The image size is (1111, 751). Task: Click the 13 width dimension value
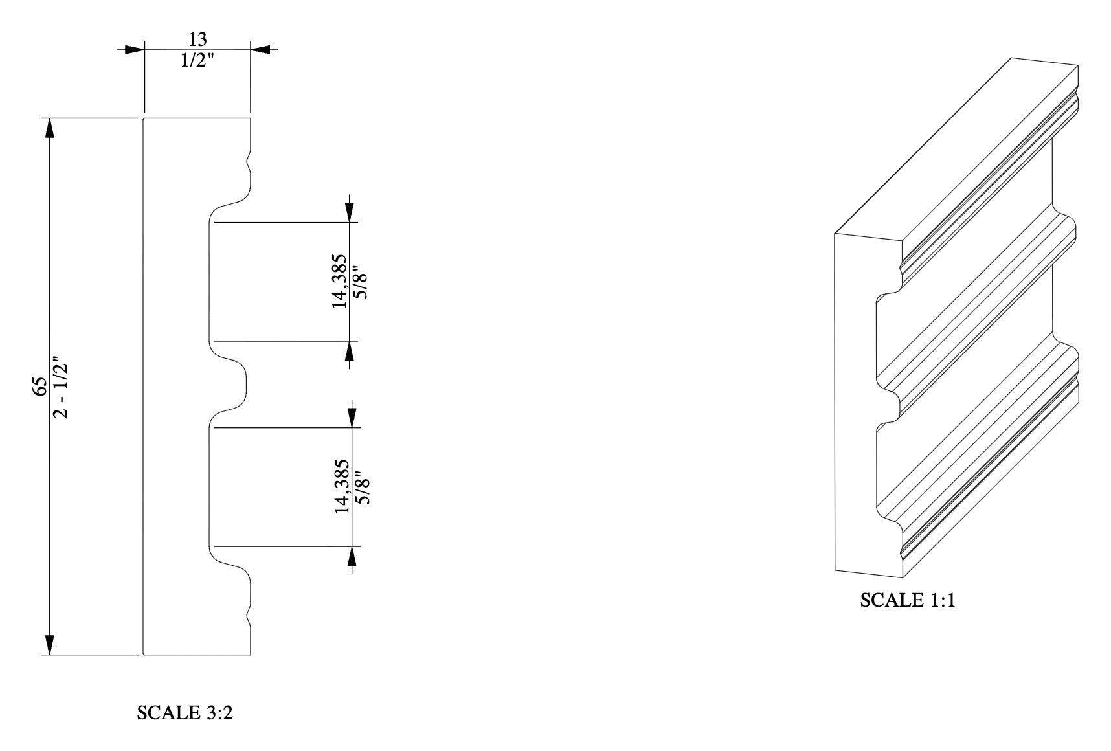197,39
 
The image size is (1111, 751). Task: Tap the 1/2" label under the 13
197,62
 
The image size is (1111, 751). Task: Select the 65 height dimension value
41,387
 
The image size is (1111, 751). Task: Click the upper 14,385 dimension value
340,280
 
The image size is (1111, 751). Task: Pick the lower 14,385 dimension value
342,487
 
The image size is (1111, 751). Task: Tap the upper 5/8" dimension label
361,281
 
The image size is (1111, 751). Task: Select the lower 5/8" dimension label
363,487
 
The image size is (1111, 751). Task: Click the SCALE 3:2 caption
185,713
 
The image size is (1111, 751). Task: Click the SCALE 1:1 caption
908,600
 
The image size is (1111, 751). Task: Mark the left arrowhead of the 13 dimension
134,49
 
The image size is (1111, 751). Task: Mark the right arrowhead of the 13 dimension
260,49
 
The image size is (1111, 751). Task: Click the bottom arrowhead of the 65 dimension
49,645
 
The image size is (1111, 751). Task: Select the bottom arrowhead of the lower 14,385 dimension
352,557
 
